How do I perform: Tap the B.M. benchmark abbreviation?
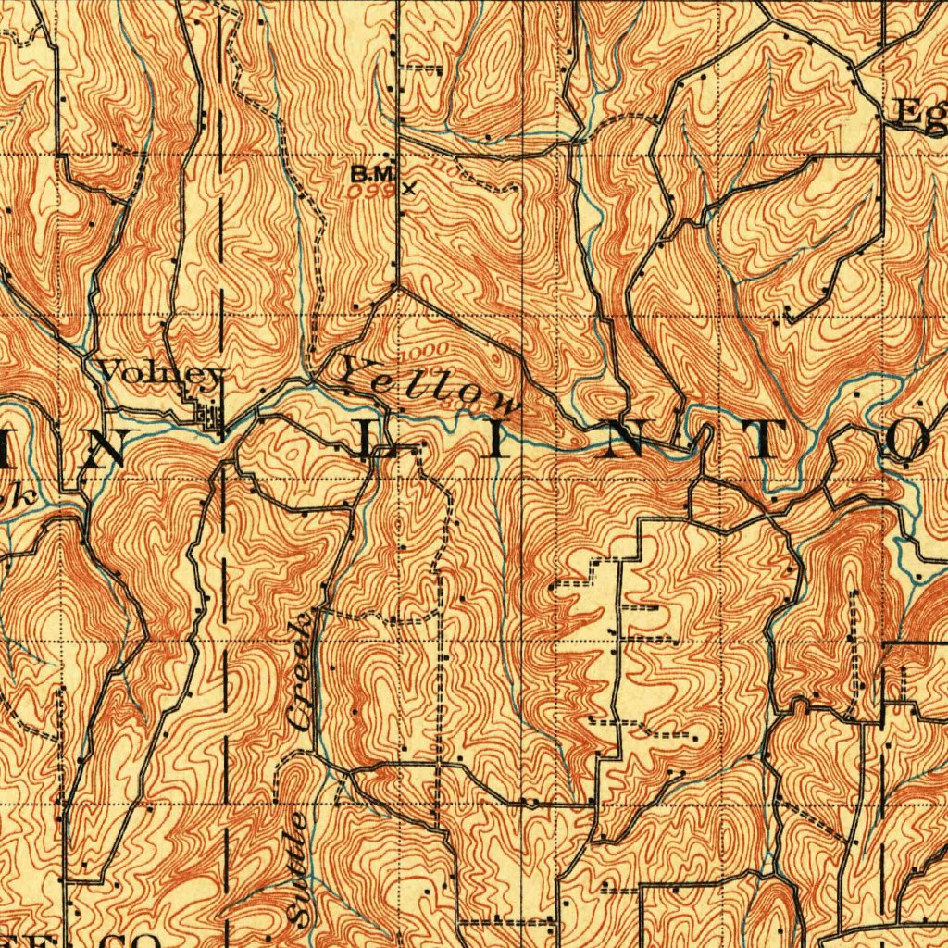click(374, 173)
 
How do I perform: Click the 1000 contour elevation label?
click(426, 351)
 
